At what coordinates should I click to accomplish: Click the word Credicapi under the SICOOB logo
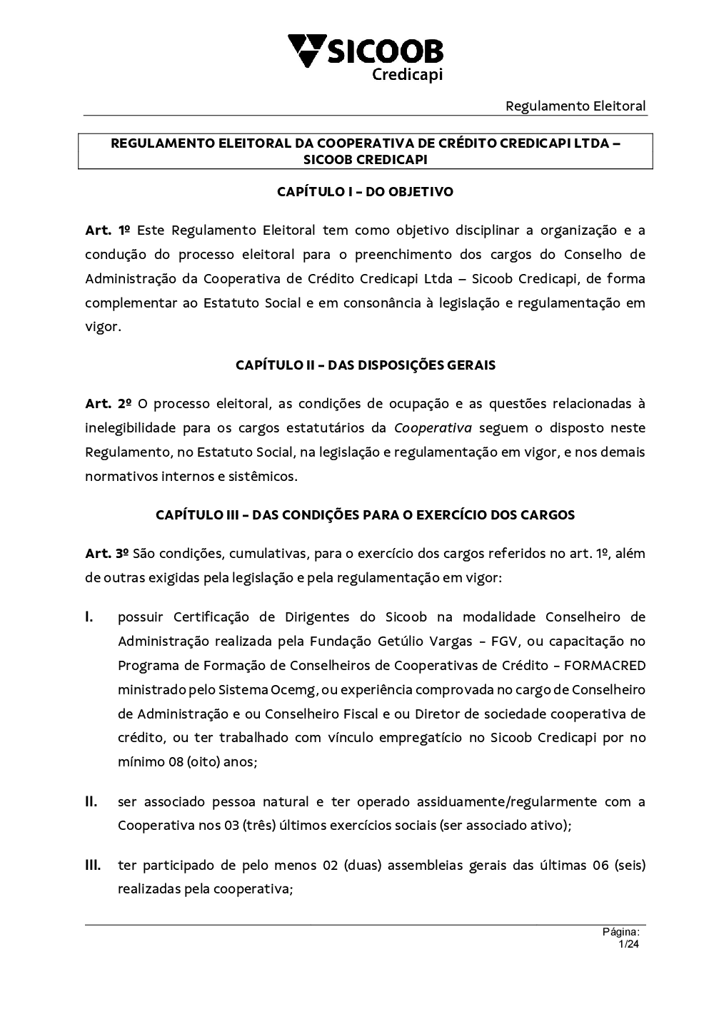[x=408, y=74]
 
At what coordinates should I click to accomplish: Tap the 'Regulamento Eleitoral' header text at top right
[x=575, y=106]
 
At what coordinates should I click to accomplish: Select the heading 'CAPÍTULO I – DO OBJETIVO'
[x=365, y=191]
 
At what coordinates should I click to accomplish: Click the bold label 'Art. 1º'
[x=107, y=230]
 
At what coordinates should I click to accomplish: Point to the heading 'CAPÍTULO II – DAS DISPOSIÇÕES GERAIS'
[x=365, y=365]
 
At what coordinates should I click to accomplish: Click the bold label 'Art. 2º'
[x=107, y=403]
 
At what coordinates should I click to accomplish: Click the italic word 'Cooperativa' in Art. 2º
[x=433, y=427]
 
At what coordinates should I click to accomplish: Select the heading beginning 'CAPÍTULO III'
[x=365, y=514]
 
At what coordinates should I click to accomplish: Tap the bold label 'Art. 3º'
[x=106, y=553]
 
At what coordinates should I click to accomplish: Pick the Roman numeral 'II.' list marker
[x=91, y=801]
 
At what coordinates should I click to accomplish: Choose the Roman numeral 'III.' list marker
[x=94, y=866]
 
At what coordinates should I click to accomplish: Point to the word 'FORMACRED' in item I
[x=604, y=665]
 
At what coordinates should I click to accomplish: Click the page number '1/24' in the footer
[x=628, y=944]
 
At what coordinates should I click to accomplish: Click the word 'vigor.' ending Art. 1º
[x=104, y=327]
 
